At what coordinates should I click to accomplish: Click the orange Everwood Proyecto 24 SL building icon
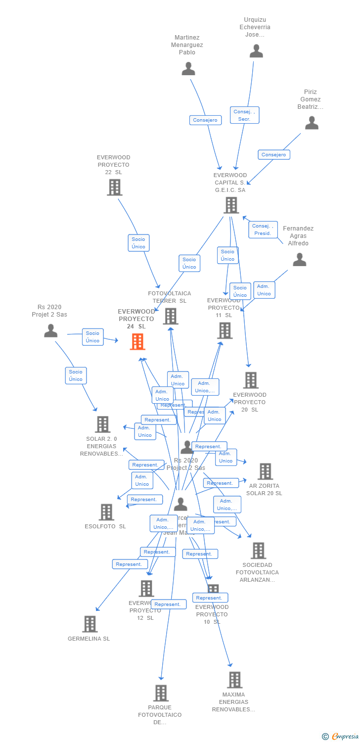[137, 342]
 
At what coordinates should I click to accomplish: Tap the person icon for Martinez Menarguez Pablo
[188, 69]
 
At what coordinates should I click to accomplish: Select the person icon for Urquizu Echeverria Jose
[256, 51]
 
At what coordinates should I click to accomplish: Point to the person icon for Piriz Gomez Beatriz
[312, 123]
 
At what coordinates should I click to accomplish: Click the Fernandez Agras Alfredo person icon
[300, 260]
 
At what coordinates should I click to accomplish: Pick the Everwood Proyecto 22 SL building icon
[115, 187]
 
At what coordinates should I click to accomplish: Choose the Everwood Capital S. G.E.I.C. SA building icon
[231, 205]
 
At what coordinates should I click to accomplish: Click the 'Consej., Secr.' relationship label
[244, 115]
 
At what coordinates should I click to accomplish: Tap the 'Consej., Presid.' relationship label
[263, 230]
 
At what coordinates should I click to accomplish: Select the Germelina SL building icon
[90, 624]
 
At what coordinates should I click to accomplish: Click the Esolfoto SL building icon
[106, 512]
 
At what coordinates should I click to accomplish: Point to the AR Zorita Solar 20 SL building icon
[265, 471]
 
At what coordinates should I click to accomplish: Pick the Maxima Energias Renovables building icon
[234, 680]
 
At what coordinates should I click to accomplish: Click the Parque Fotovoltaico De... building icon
[161, 693]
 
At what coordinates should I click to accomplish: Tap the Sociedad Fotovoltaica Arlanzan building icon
[258, 551]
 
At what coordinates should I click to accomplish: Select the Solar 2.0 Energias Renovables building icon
[102, 424]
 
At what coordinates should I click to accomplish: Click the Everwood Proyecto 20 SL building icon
[251, 380]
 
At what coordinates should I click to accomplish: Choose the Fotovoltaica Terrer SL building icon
[171, 316]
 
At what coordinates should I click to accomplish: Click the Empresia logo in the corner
[341, 737]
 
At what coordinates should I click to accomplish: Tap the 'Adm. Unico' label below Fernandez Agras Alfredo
[264, 290]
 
